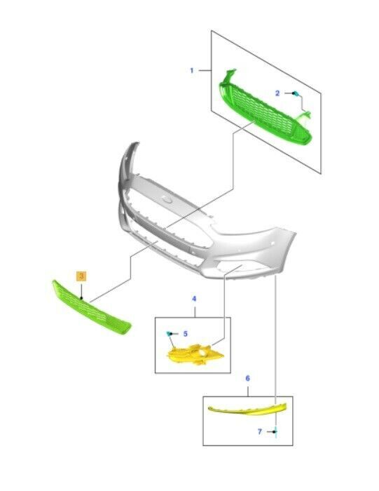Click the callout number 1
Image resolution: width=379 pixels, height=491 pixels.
[x=192, y=71]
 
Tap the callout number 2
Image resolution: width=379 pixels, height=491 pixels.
[x=277, y=93]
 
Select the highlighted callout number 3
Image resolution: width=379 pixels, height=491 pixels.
[x=81, y=276]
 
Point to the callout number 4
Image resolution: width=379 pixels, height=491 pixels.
[x=194, y=299]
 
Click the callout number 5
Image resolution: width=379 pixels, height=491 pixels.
[x=186, y=334]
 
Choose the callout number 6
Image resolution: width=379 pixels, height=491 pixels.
[x=248, y=378]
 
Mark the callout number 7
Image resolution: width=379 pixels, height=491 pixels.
[x=259, y=432]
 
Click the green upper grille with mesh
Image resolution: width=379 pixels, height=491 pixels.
[x=266, y=113]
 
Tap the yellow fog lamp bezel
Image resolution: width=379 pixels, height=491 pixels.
[x=194, y=356]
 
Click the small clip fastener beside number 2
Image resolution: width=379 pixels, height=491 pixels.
[x=295, y=93]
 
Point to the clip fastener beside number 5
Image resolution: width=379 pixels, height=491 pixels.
[x=169, y=334]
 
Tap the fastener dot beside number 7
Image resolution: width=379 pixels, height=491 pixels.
[x=275, y=432]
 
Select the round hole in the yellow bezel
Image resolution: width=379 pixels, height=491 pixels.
[x=203, y=354]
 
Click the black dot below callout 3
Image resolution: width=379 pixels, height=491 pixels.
[x=81, y=298]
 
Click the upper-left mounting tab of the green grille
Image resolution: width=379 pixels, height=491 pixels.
[x=230, y=74]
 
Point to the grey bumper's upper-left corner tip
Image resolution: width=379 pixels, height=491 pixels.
[x=137, y=143]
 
